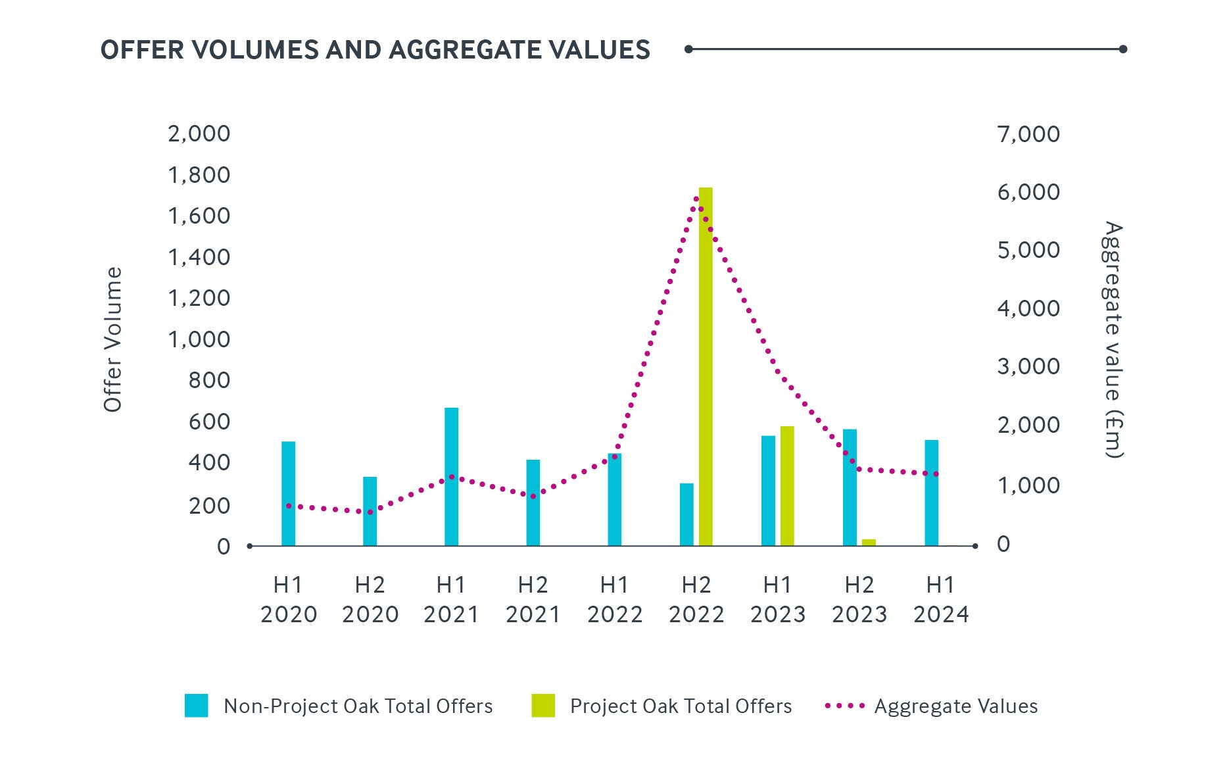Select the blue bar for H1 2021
pos(451,477)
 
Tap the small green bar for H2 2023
pos(869,543)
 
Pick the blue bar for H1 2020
pos(288,493)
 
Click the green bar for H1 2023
pos(787,486)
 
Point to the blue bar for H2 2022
pos(686,514)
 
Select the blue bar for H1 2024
pos(931,493)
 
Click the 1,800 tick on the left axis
pos(199,175)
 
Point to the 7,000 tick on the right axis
pos(1028,134)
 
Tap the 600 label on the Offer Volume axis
pos(209,422)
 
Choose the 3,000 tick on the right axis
pos(1028,366)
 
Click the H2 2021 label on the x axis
pos(533,599)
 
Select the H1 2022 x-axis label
pos(614,599)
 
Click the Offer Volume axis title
pos(113,339)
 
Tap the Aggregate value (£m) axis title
pos(1113,339)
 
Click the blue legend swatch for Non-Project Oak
pos(196,706)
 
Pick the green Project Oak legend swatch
pos(543,706)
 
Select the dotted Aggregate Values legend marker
pos(844,706)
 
